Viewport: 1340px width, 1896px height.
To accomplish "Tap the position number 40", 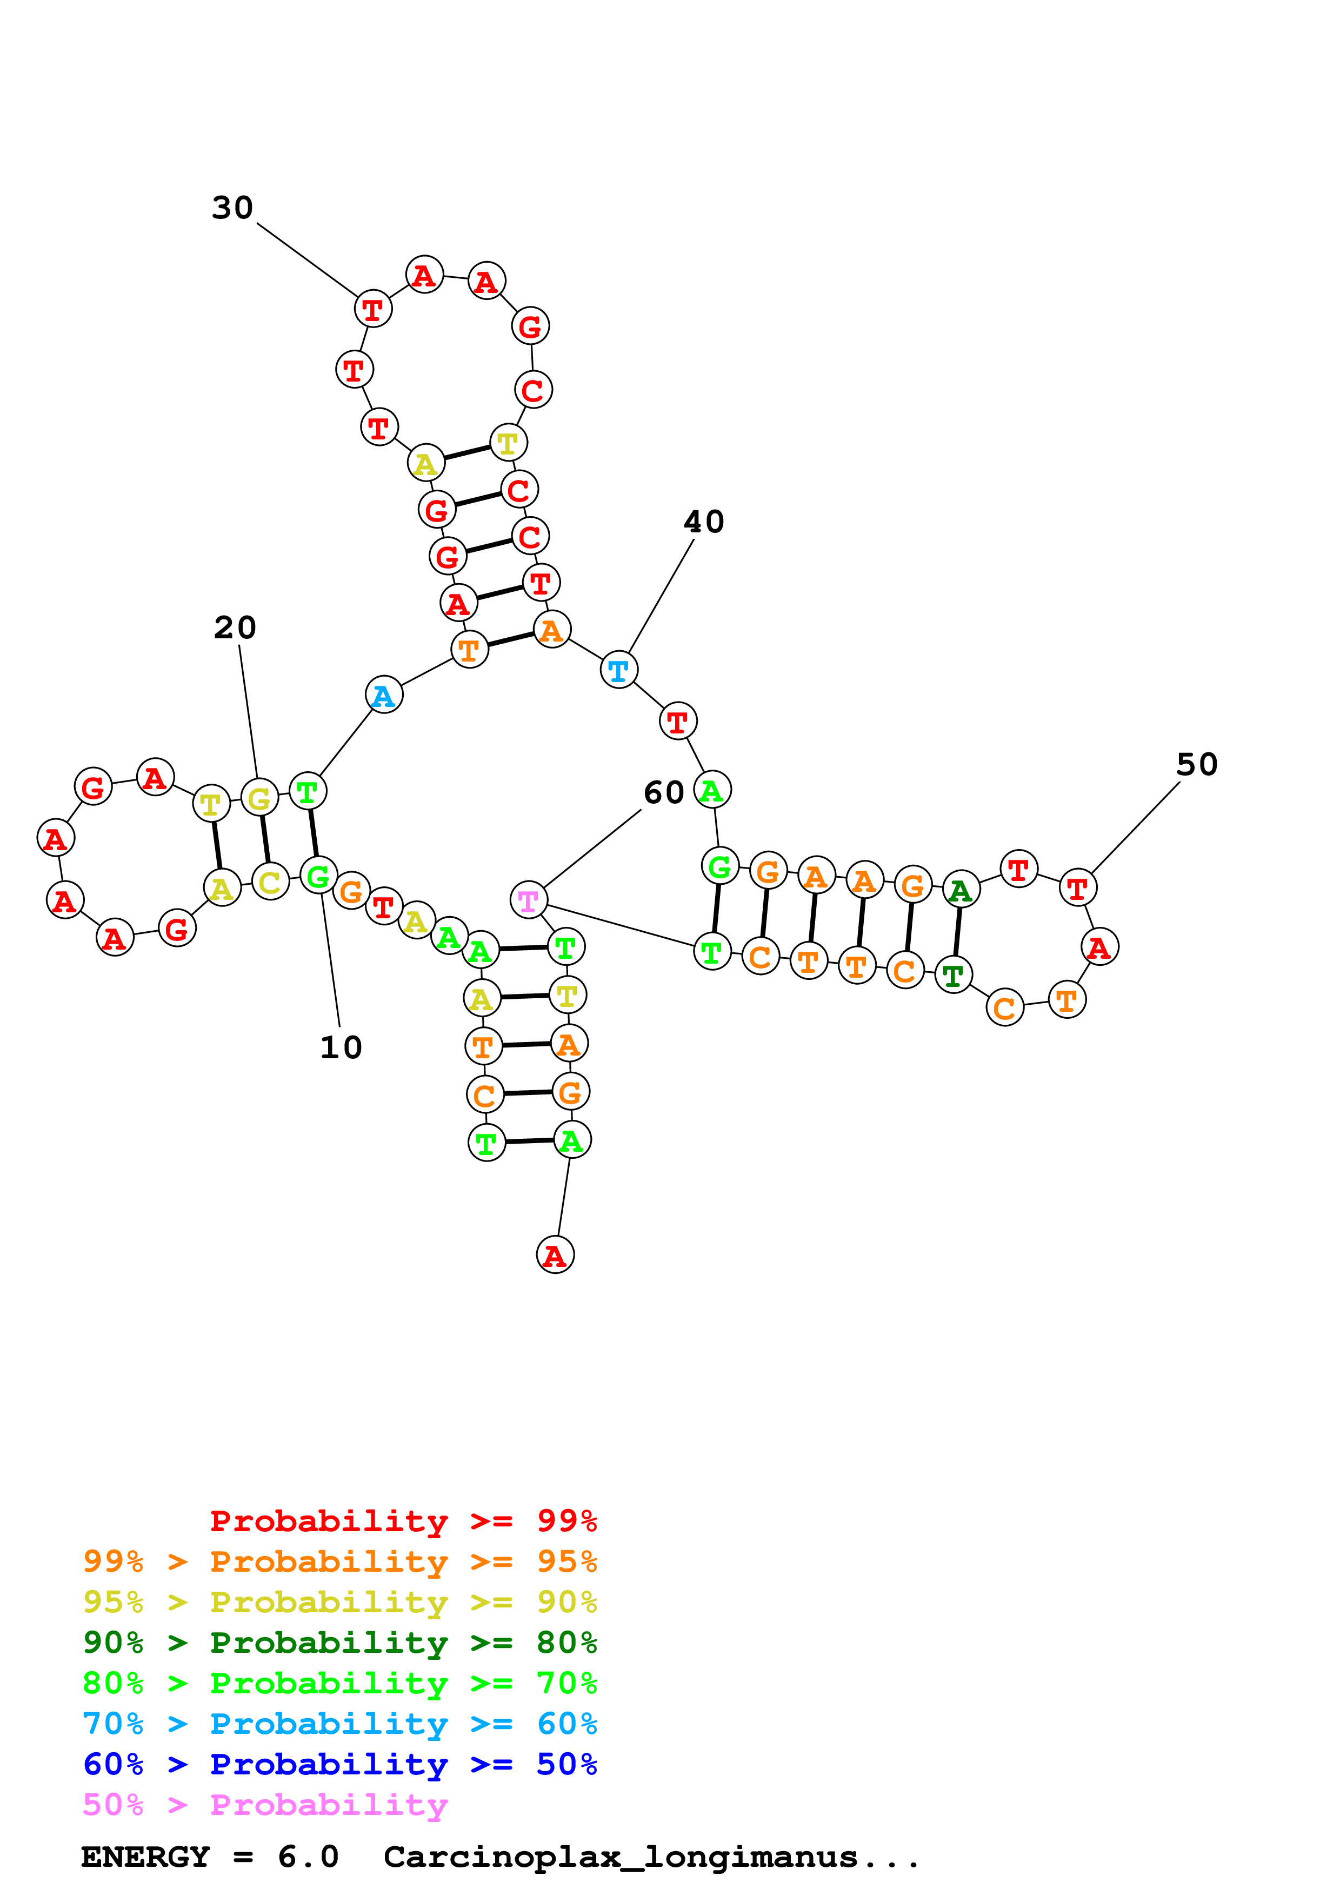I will pos(703,522).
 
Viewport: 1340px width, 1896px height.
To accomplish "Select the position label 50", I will pos(1196,765).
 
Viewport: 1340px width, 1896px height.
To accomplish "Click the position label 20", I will pos(235,627).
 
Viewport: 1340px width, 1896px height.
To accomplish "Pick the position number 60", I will pos(664,793).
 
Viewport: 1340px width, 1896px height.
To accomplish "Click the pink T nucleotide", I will pos(529,900).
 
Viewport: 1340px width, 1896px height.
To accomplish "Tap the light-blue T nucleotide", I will pos(618,670).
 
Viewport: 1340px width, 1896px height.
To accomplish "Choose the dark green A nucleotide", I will pos(960,890).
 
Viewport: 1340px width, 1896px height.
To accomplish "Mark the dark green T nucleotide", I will pos(954,975).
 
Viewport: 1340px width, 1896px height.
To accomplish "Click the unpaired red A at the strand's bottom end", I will pos(555,1255).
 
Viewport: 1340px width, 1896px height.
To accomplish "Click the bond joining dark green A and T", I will pos(957,932).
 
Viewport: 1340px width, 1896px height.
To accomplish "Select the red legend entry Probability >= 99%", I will pos(403,1521).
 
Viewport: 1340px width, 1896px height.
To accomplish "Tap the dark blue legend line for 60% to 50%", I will pos(339,1765).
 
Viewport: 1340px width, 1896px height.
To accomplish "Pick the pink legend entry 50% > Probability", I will pos(265,1805).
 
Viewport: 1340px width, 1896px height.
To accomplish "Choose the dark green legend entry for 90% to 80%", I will pos(339,1643).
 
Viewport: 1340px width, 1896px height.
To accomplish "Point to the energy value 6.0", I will pos(308,1857).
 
